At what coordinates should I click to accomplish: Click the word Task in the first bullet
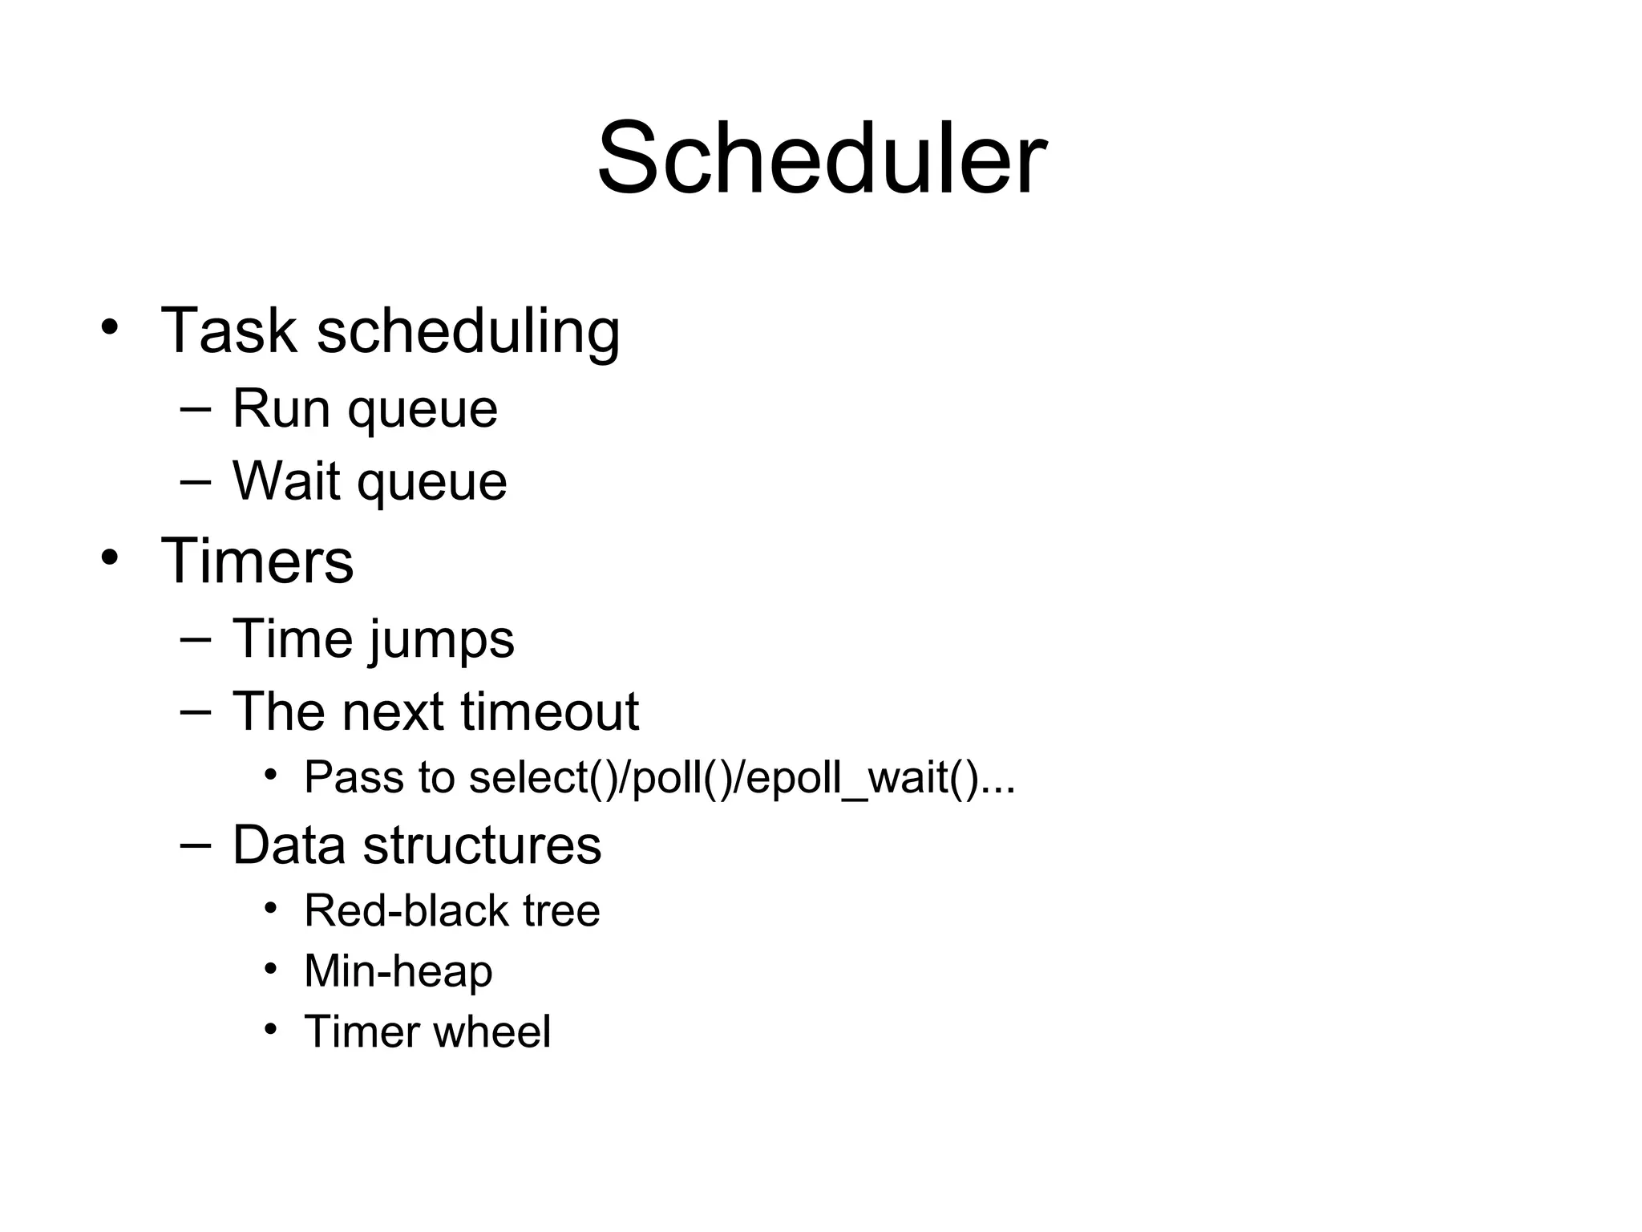click(x=229, y=330)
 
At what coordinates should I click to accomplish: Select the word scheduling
click(x=468, y=332)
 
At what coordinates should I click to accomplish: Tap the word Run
click(x=281, y=409)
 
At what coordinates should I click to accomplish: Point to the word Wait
click(x=285, y=481)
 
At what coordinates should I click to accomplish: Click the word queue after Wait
click(x=431, y=484)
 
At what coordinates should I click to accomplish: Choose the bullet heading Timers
click(x=257, y=561)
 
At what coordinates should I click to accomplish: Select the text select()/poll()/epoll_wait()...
click(x=742, y=778)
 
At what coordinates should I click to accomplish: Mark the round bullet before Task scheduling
click(x=110, y=327)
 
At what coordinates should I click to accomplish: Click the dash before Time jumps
click(x=196, y=639)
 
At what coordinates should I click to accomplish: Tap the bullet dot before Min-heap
click(x=271, y=969)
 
